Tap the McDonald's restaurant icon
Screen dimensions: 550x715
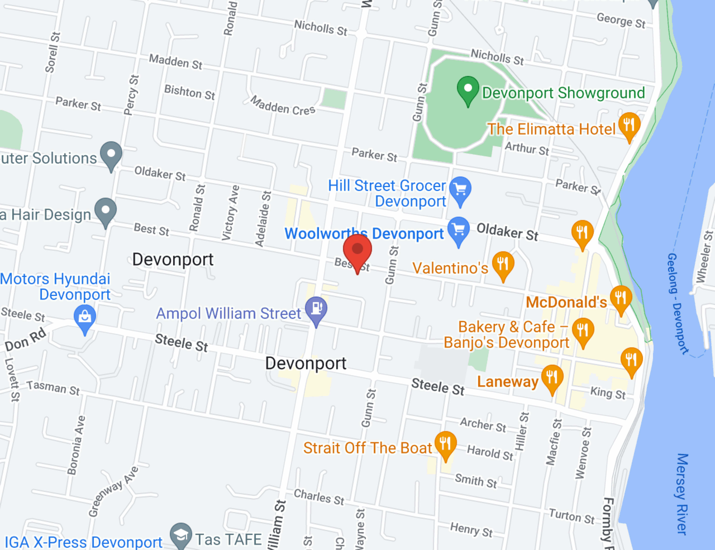tap(621, 298)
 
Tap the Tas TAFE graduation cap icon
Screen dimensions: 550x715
tap(181, 536)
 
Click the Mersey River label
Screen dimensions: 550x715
tap(682, 494)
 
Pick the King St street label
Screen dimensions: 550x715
tap(608, 393)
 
